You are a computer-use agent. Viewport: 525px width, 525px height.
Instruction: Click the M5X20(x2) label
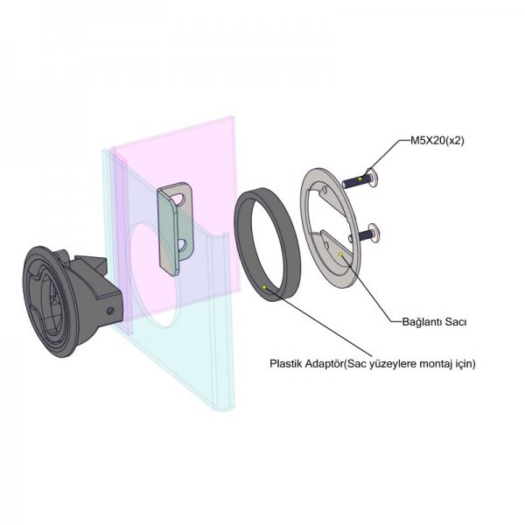tap(437, 141)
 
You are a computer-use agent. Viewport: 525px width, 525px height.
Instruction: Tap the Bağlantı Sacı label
tap(434, 322)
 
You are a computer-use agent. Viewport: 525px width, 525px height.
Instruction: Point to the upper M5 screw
tap(360, 179)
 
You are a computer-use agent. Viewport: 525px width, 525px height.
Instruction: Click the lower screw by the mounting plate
tap(367, 233)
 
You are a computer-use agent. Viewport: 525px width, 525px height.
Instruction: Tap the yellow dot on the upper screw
tap(360, 178)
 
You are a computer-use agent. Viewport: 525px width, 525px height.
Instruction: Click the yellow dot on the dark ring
tap(264, 287)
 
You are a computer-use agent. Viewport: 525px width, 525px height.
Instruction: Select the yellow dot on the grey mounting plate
tap(341, 254)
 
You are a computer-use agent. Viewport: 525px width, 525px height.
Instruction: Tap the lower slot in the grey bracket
tap(182, 245)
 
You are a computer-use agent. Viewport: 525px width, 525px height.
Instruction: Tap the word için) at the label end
tap(464, 364)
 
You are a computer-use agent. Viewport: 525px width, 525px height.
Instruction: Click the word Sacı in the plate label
tap(456, 322)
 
